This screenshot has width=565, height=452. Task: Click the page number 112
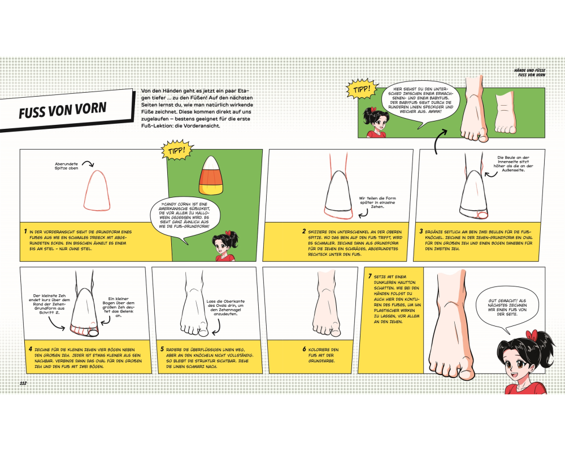click(23, 383)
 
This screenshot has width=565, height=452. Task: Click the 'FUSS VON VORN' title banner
click(65, 110)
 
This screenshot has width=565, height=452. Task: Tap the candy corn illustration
click(211, 176)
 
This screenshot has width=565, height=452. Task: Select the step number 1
click(25, 232)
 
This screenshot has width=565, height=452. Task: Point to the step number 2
click(304, 232)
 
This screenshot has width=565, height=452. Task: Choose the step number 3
click(421, 232)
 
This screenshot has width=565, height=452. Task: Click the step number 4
click(31, 349)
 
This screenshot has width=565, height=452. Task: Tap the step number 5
click(162, 349)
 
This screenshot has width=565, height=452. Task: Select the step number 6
click(304, 349)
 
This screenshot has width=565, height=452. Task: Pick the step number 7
click(370, 276)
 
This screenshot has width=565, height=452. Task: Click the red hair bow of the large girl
click(532, 336)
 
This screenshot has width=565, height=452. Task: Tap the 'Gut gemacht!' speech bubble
click(507, 308)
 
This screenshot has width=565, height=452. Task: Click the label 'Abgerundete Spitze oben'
click(66, 166)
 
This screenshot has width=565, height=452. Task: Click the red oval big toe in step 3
click(482, 215)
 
